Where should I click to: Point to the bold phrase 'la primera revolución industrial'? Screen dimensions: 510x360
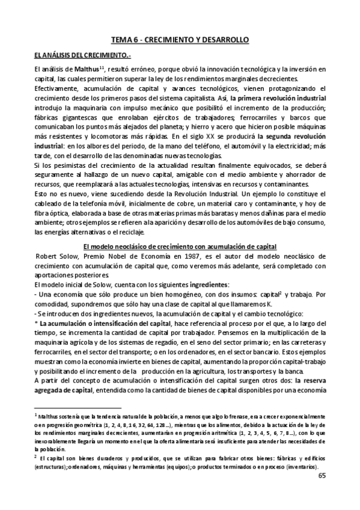point(275,97)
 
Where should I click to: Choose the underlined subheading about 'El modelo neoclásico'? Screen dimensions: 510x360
point(180,229)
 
